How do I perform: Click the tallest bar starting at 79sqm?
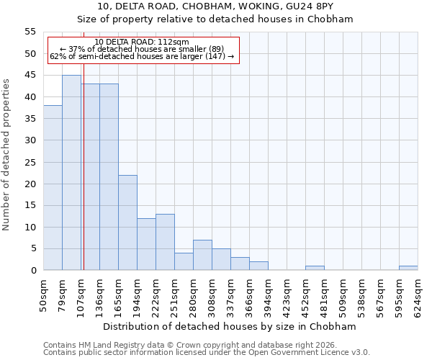[x=71, y=173]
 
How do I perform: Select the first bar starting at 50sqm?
[x=53, y=188]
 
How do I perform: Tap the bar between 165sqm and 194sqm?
[x=127, y=222]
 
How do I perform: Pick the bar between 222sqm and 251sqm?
[x=165, y=242]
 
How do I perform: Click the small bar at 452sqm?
[x=315, y=268]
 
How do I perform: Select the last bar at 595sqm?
[x=408, y=268]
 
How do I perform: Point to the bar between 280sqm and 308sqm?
[x=202, y=255]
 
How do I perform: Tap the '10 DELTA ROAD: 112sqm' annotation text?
[x=142, y=42]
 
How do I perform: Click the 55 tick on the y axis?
[x=30, y=32]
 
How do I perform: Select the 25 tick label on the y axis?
[x=30, y=162]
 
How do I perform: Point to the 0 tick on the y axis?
[x=33, y=271]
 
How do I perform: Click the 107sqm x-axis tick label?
[x=81, y=294]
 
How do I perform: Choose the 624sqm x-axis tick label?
[x=418, y=294]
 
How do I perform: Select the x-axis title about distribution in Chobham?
[x=230, y=326]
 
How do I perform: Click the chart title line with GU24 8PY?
[x=215, y=6]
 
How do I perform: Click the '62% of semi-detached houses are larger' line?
[x=142, y=56]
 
